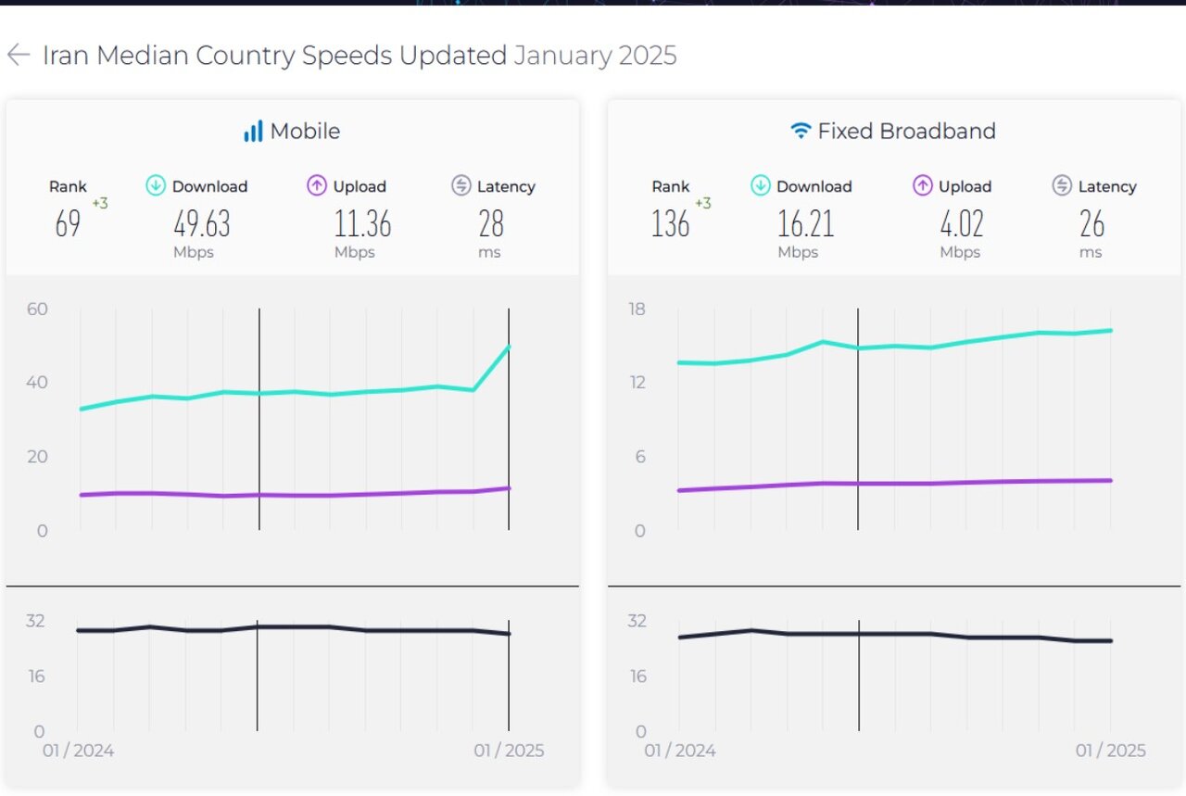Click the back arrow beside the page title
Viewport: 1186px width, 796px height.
pos(19,56)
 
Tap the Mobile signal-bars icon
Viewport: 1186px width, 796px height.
pos(253,132)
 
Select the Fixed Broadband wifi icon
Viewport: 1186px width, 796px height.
pos(801,132)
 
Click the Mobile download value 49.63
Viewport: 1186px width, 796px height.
pos(202,224)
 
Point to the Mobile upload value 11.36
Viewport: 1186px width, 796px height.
pos(362,224)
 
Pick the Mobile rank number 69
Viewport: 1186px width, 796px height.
pos(68,224)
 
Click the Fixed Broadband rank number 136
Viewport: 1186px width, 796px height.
pos(670,224)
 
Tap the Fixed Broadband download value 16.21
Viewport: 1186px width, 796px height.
pos(806,224)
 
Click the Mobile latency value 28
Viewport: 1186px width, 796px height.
pos(490,224)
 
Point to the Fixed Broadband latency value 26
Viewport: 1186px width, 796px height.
pos(1091,224)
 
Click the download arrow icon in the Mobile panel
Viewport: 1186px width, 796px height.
pos(156,186)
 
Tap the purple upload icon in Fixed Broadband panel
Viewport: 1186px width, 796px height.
pos(922,186)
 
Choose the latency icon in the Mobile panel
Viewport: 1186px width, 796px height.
pos(461,186)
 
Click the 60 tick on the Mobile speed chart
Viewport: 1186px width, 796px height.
pos(37,309)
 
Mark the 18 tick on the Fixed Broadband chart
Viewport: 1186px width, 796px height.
pos(637,309)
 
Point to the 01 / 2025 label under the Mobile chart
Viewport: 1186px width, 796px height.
pos(509,751)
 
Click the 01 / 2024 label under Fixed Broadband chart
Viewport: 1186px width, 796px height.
pos(680,751)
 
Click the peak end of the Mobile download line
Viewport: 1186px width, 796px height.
pos(509,347)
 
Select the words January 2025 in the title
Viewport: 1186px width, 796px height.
pos(595,56)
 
